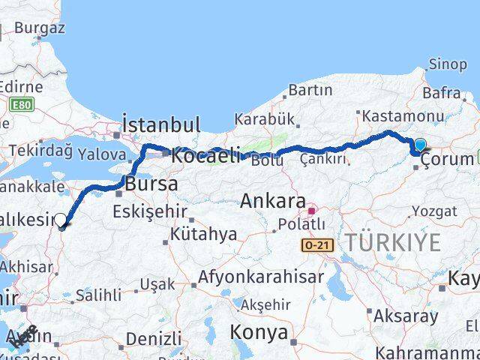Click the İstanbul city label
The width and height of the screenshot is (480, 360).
(x=160, y=124)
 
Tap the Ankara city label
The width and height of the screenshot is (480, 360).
(x=273, y=201)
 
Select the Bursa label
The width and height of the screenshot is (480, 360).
(x=151, y=183)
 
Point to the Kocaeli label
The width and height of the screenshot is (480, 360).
(x=205, y=156)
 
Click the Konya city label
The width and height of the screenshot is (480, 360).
(x=259, y=331)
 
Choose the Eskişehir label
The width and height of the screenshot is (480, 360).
(x=149, y=211)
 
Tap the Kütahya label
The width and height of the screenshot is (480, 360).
(x=204, y=235)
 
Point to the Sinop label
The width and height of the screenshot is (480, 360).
(x=446, y=64)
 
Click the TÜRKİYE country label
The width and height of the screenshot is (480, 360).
(x=393, y=241)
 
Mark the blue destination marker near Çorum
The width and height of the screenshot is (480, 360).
(x=419, y=145)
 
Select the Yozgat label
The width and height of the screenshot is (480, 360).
(x=434, y=211)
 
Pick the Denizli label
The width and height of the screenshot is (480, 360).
(x=154, y=338)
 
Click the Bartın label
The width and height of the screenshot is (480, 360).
(x=310, y=90)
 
